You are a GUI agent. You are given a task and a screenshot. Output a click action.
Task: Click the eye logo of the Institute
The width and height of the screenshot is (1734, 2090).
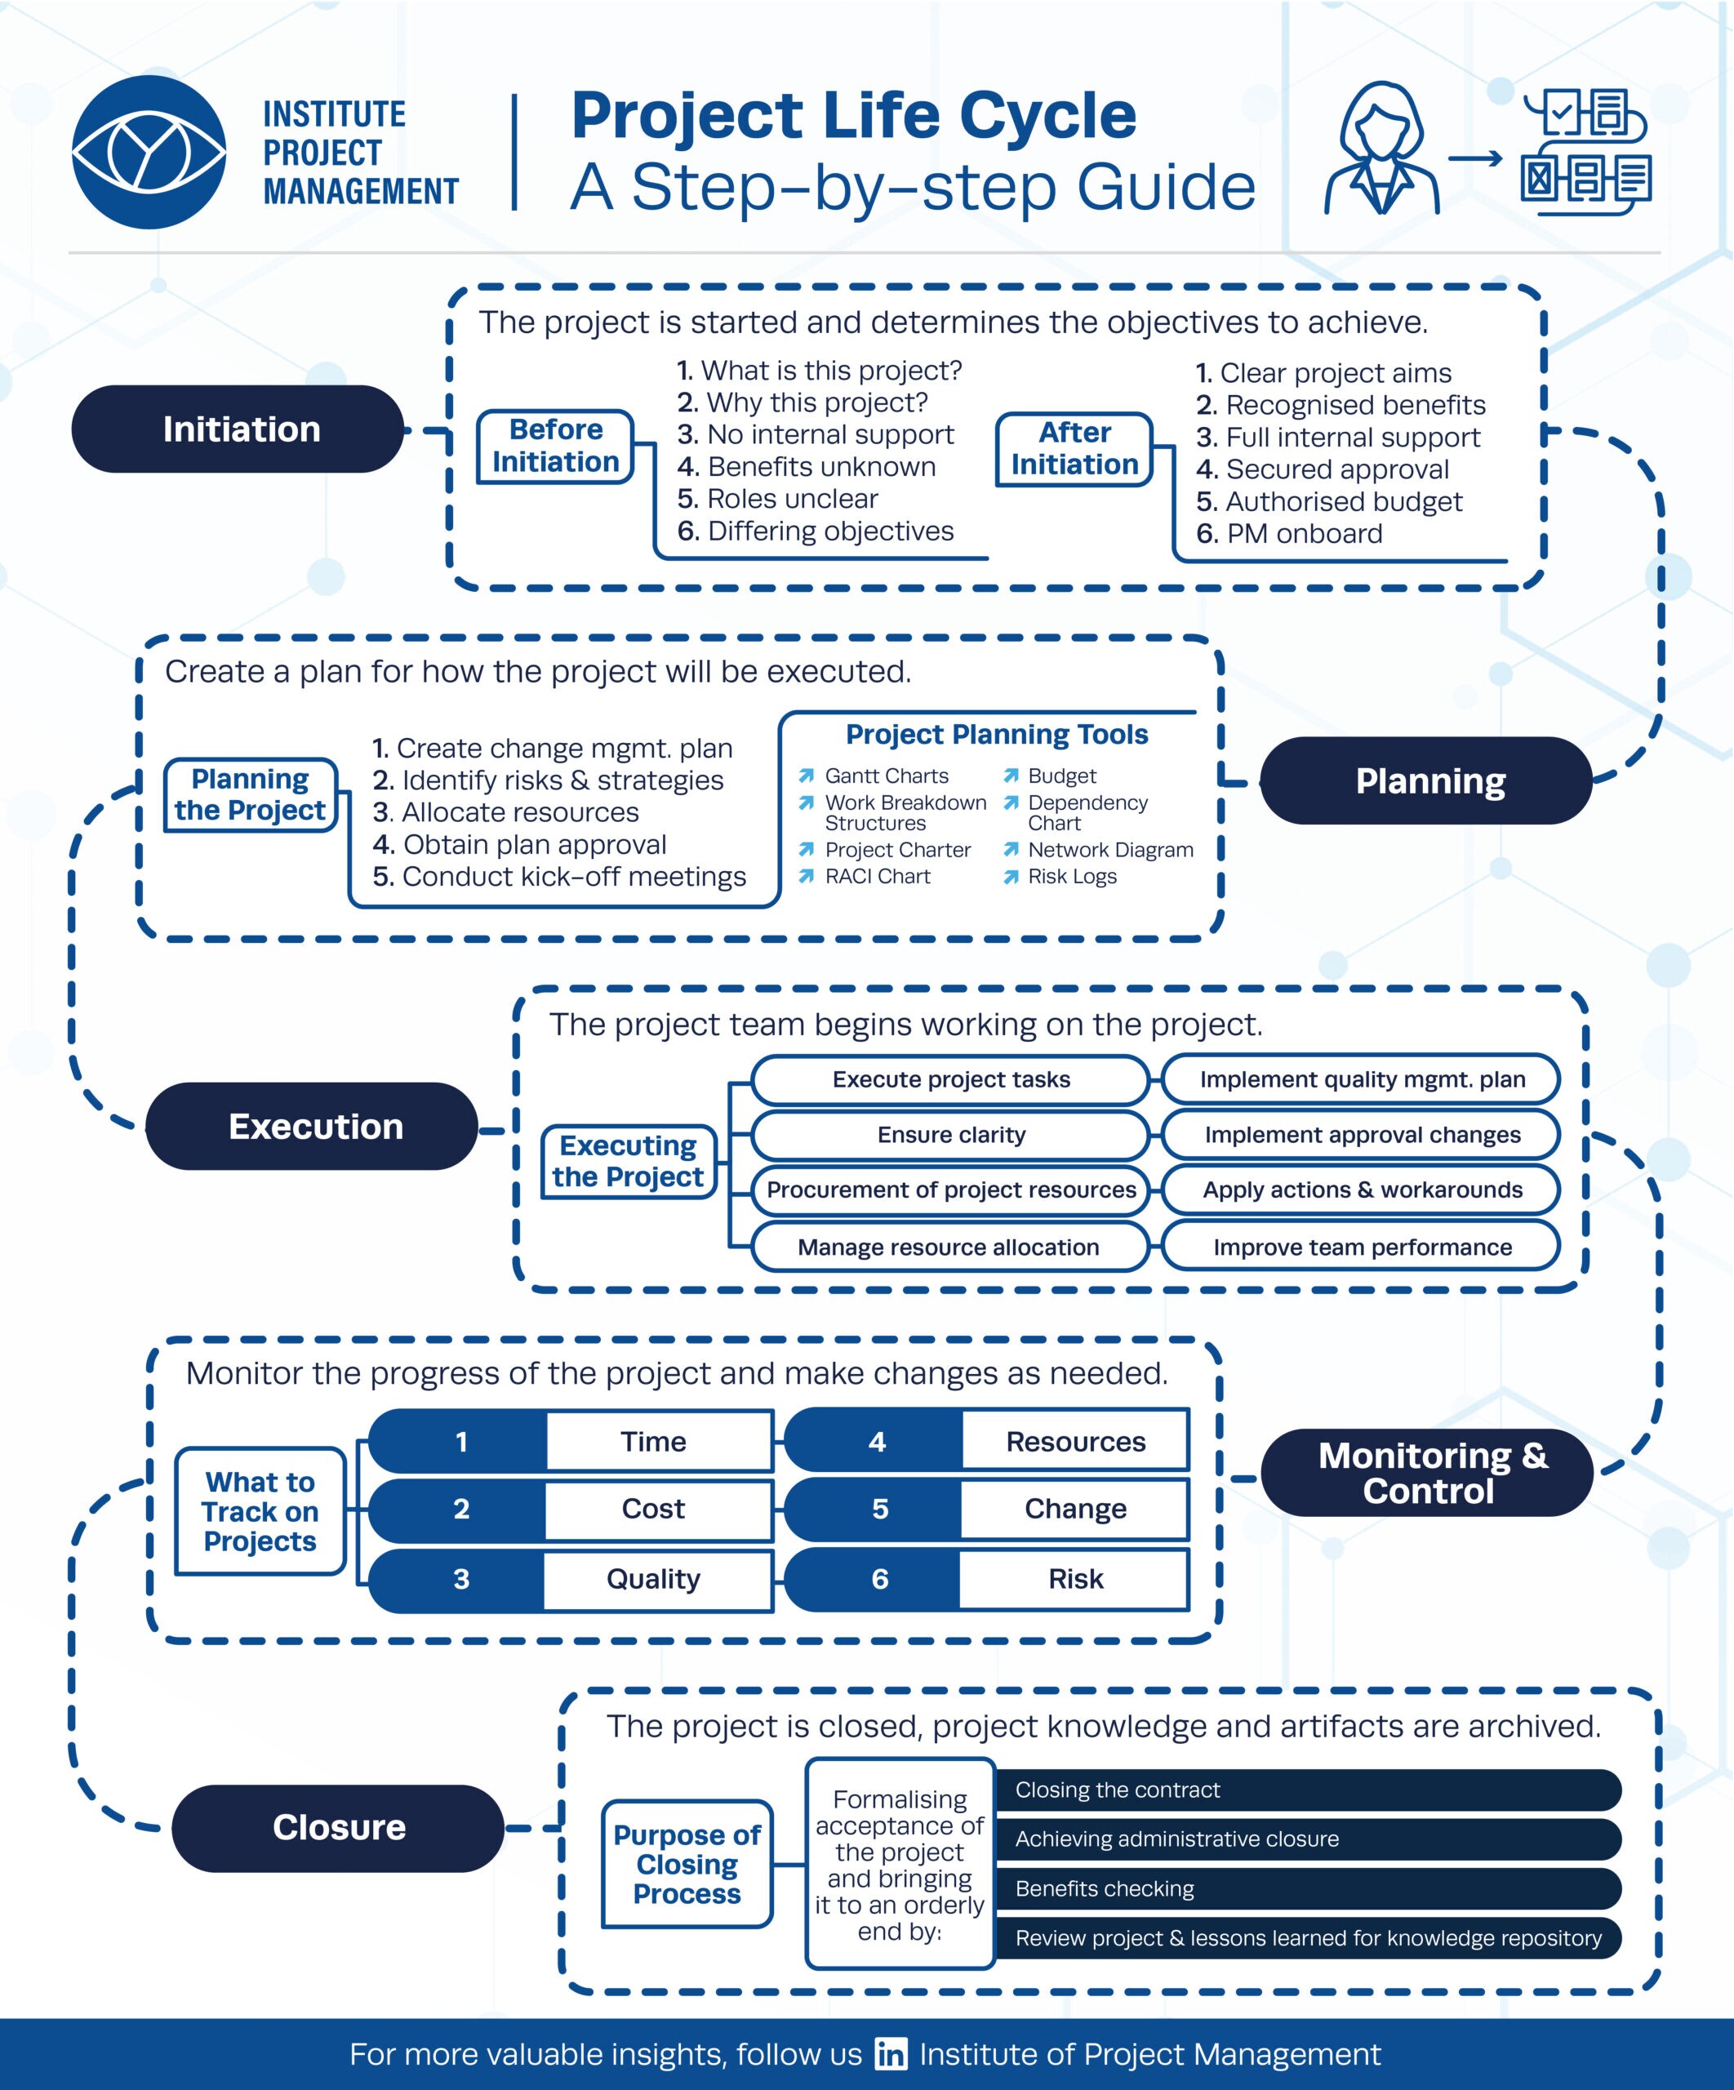pos(149,153)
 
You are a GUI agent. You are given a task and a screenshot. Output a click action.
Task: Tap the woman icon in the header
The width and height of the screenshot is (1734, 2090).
pos(1381,149)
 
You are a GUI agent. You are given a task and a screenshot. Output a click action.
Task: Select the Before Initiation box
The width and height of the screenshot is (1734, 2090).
pos(555,447)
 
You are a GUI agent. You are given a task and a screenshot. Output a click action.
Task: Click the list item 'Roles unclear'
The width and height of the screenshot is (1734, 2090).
pos(793,499)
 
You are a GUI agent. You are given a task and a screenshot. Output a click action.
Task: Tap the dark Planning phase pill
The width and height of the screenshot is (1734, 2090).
pos(1429,781)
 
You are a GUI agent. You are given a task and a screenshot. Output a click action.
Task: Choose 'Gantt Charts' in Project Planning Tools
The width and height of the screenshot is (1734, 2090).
pos(886,776)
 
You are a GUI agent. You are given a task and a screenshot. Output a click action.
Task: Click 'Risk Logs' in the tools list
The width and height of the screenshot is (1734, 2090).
pos(1072,876)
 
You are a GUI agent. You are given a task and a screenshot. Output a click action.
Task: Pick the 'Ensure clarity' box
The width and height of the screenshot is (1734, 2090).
pos(950,1135)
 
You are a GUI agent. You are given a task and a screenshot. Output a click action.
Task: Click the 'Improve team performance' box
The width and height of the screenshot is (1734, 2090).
pos(1362,1247)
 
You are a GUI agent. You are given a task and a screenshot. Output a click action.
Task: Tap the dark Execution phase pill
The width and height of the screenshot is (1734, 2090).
pos(313,1126)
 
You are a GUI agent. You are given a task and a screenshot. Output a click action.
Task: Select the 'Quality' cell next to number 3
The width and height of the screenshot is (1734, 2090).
pos(654,1578)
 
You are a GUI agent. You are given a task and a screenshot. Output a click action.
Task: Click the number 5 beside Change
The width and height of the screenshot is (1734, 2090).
pos(879,1509)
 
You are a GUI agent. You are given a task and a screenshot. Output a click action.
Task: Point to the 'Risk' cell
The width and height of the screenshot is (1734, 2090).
pos(1075,1578)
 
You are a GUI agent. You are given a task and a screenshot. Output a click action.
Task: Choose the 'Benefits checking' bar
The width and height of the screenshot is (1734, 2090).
pos(1306,1888)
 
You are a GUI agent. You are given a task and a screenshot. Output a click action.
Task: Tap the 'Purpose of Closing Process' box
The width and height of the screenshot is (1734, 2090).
pos(687,1863)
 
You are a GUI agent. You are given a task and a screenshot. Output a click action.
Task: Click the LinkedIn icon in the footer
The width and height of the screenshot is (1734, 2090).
pos(891,2054)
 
